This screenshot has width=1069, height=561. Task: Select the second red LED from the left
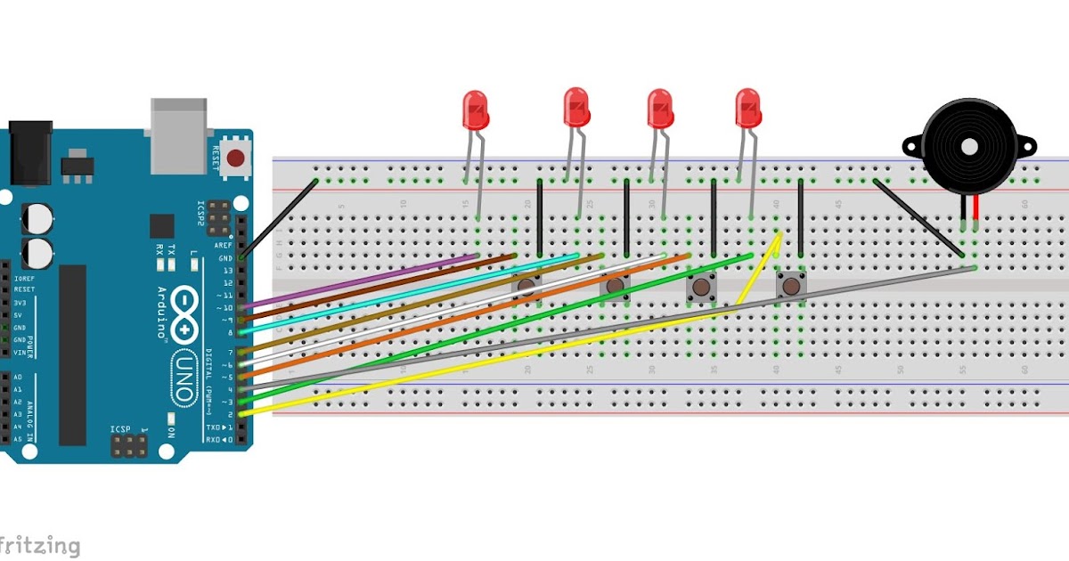tap(576, 107)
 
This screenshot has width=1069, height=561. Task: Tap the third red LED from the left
tap(659, 109)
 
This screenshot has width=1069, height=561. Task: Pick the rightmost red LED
tap(748, 108)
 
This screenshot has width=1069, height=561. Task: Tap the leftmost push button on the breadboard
tap(527, 285)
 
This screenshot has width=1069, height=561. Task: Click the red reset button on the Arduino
tap(235, 159)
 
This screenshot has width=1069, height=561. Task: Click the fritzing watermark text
tap(40, 545)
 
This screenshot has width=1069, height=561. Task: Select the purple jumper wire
tap(356, 282)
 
